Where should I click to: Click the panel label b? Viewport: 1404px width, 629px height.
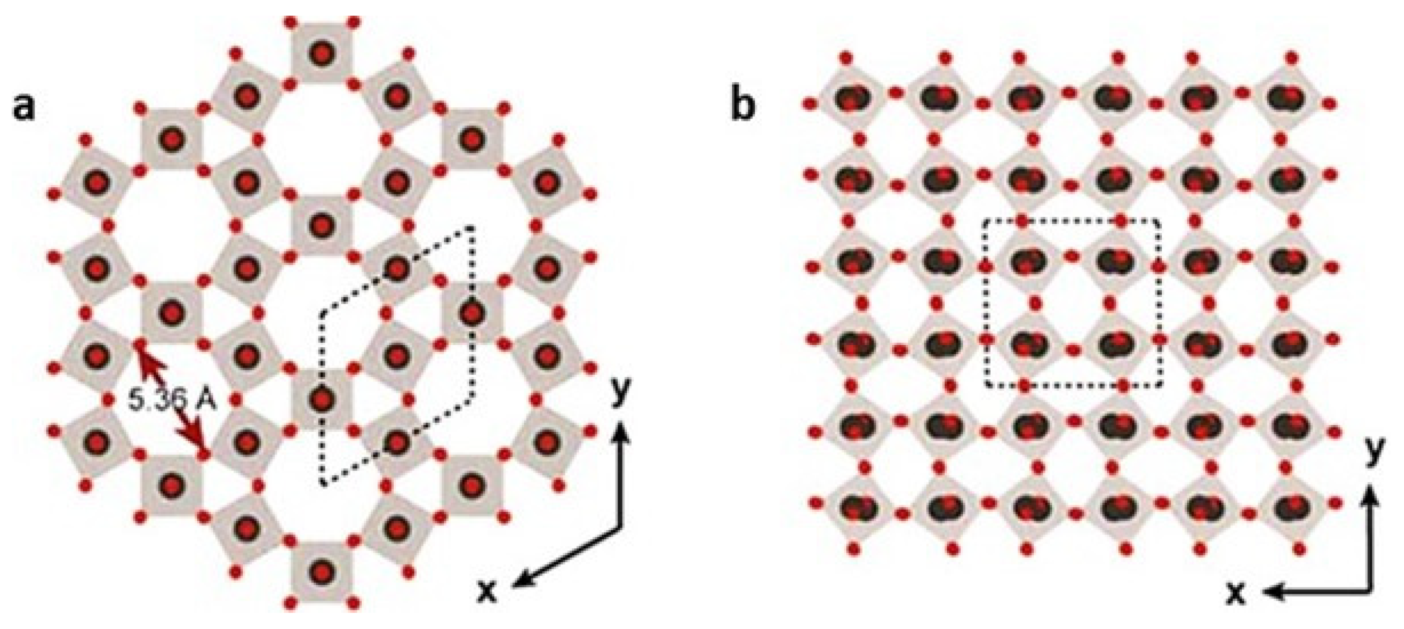pyautogui.click(x=742, y=106)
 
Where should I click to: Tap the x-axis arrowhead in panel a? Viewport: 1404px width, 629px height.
pyautogui.click(x=518, y=582)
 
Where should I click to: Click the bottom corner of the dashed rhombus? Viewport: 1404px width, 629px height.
pyautogui.click(x=323, y=484)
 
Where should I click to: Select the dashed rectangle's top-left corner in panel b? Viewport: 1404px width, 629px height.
pyautogui.click(x=985, y=220)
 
